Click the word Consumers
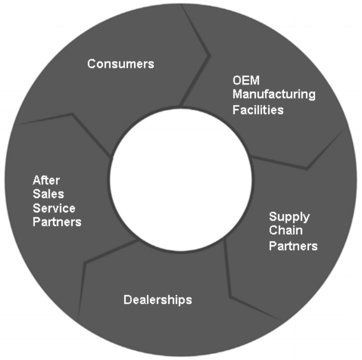click(x=120, y=64)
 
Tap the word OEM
click(x=246, y=80)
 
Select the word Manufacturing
click(x=274, y=95)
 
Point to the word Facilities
click(x=258, y=110)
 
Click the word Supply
click(x=289, y=217)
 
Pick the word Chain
click(x=286, y=230)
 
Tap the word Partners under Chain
click(x=293, y=246)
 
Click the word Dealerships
click(x=158, y=300)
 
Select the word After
click(x=46, y=180)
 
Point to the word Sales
click(x=49, y=194)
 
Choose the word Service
click(x=54, y=208)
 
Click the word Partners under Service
click(x=57, y=222)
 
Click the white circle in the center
click(x=181, y=180)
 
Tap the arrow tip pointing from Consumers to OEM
click(x=210, y=55)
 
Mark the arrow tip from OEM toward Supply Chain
click(x=307, y=169)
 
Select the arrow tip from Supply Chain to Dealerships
click(x=230, y=297)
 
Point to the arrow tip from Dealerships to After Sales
click(x=85, y=263)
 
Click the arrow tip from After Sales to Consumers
click(x=73, y=114)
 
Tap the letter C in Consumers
click(x=92, y=64)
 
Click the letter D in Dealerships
click(x=128, y=300)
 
